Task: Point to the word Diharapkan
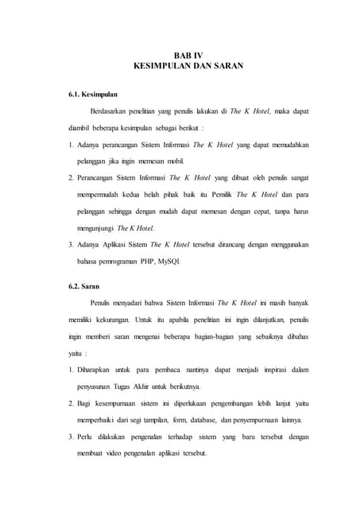(99, 370)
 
